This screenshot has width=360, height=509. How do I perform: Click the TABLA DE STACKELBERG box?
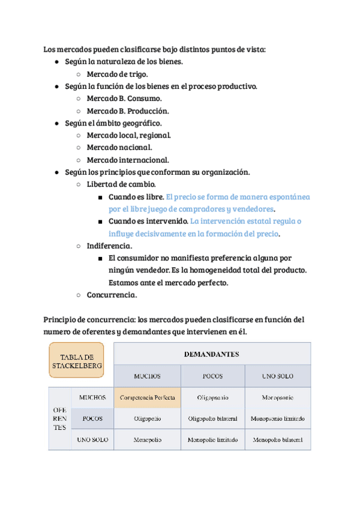tap(76, 360)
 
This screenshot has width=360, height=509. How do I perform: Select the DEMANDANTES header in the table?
tap(212, 354)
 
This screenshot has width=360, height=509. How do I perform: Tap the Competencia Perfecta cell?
tap(147, 397)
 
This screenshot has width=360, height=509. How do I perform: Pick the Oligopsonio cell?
tap(212, 397)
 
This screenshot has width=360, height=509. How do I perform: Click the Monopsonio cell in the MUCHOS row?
tap(278, 397)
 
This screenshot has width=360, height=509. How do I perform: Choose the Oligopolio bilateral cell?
tap(212, 418)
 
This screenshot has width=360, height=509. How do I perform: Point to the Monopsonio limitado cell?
tap(278, 418)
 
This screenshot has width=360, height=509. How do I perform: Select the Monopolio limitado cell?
tap(212, 439)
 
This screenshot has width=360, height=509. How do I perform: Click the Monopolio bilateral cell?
tap(278, 439)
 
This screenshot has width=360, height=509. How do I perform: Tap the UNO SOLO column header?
tap(278, 376)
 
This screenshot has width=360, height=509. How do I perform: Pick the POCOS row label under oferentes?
tap(92, 418)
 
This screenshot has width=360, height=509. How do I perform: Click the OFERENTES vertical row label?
tap(59, 418)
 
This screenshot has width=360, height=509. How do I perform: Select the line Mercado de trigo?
tap(117, 74)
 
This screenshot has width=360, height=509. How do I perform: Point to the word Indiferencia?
tap(109, 245)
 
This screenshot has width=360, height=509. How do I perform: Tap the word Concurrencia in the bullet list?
tap(112, 295)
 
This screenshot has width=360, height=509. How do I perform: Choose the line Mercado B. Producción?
tap(127, 111)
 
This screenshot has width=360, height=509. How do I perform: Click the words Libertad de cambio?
tap(121, 184)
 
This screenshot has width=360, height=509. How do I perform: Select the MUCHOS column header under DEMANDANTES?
tap(147, 376)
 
